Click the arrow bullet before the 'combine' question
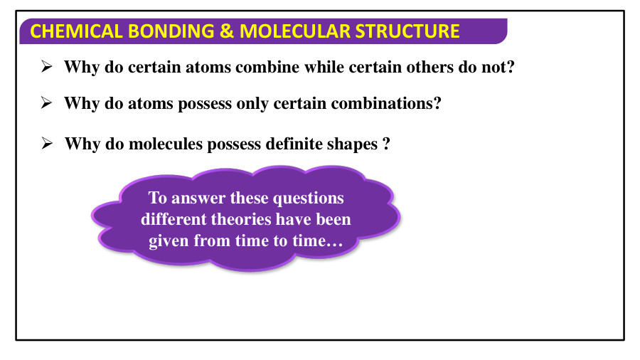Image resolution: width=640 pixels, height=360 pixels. coord(47,67)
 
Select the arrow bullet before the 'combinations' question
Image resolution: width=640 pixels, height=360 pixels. coord(47,103)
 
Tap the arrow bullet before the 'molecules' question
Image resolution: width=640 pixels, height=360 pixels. coord(47,144)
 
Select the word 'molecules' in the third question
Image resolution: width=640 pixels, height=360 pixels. coord(167,144)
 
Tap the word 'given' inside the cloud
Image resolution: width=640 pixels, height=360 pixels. coord(169,241)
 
